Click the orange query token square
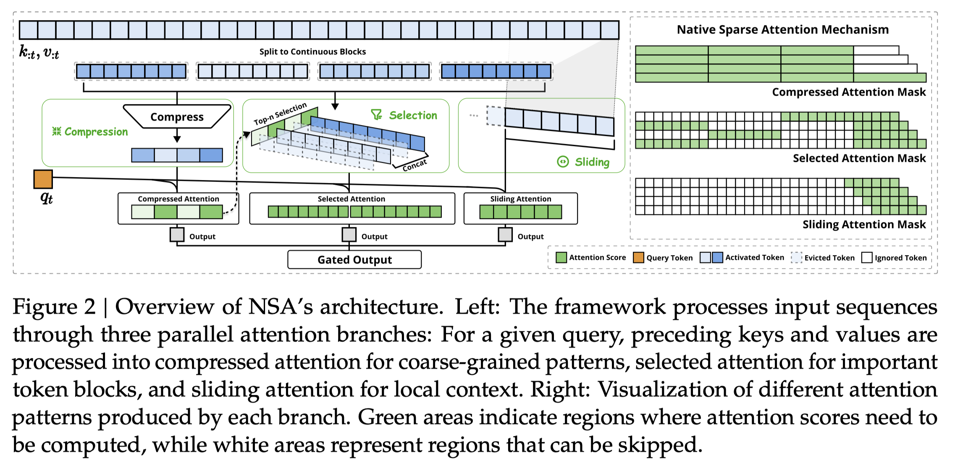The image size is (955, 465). tap(43, 179)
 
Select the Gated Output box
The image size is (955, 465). tap(354, 260)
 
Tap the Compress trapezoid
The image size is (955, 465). tap(177, 117)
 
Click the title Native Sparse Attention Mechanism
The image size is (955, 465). tap(783, 29)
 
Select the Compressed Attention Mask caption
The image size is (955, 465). tap(849, 92)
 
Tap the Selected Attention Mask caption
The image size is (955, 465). tap(859, 158)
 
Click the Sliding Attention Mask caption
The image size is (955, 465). tap(864, 225)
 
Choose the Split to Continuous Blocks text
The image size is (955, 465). tap(312, 52)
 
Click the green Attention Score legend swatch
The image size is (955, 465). tap(561, 257)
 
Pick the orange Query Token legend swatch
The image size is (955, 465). tap(638, 257)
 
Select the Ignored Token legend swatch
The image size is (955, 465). tap(867, 257)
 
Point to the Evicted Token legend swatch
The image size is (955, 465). tap(796, 257)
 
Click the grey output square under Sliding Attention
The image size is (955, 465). tap(505, 235)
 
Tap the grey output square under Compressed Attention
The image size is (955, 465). tap(177, 235)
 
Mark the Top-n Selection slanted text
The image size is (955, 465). tap(280, 114)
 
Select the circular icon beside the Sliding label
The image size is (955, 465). tap(563, 162)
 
